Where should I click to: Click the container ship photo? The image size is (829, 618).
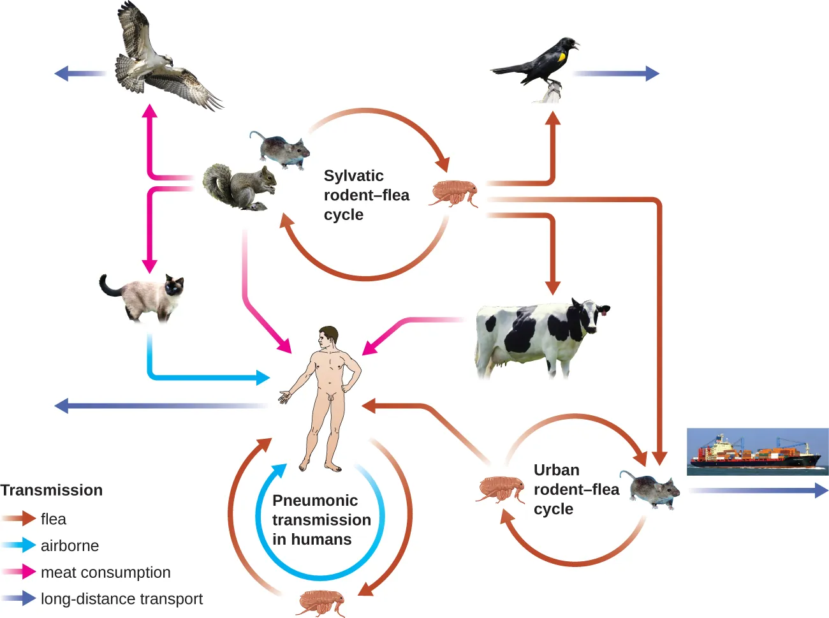[x=757, y=452]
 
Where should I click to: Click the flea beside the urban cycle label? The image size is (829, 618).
[x=502, y=489]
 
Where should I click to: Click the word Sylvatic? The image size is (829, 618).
[x=353, y=176]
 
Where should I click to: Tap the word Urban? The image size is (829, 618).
[x=556, y=470]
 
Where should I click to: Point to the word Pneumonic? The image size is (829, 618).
[x=315, y=501]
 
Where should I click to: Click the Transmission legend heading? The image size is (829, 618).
[x=52, y=490]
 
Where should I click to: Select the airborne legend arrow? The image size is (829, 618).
[x=18, y=546]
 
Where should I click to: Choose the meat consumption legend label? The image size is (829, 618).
[x=106, y=573]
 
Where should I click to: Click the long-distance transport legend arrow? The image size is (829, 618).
[x=18, y=599]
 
